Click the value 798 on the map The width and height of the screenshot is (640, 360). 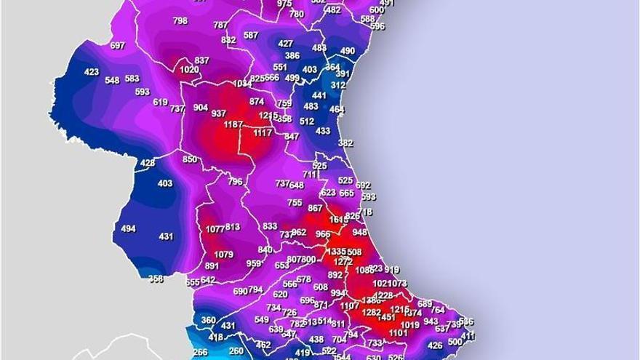(180, 21)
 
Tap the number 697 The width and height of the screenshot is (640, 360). (117, 46)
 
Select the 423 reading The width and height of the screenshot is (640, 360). (91, 72)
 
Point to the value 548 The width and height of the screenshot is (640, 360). (112, 81)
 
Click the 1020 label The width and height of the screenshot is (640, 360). (189, 70)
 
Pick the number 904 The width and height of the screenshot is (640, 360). (200, 108)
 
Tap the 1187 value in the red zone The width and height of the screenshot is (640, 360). (233, 125)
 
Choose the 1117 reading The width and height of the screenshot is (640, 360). (263, 133)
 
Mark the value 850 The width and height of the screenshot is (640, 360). (190, 160)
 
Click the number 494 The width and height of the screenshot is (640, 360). (128, 229)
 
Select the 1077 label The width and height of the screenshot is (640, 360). (215, 229)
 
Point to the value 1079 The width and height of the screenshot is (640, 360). (223, 255)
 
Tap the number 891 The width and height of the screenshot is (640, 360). (212, 266)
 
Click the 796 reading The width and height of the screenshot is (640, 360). (235, 182)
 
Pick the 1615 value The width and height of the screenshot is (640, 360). (339, 220)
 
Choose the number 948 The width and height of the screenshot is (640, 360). (360, 233)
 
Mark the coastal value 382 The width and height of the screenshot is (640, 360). (345, 143)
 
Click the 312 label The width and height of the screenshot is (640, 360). (338, 85)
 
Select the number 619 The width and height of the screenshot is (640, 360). (160, 103)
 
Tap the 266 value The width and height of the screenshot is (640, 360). (200, 352)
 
